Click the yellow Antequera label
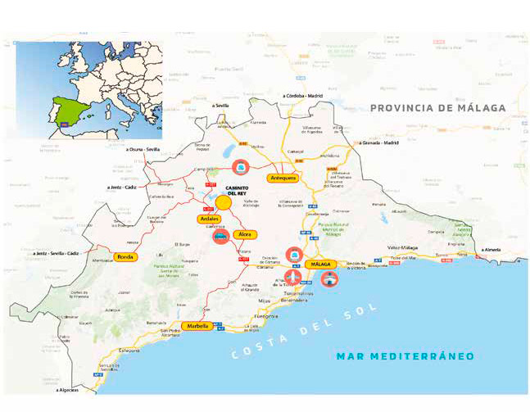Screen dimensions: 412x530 click(x=282, y=178)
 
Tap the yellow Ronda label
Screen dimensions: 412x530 click(x=125, y=256)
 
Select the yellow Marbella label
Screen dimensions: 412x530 click(x=197, y=325)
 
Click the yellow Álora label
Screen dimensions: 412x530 click(x=243, y=234)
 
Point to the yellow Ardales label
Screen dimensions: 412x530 click(x=209, y=219)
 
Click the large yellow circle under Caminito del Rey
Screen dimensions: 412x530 click(x=223, y=201)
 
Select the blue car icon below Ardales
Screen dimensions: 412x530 click(x=220, y=237)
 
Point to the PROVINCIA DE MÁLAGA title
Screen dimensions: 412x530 click(x=437, y=108)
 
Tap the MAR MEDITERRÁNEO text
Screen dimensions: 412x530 click(x=405, y=356)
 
